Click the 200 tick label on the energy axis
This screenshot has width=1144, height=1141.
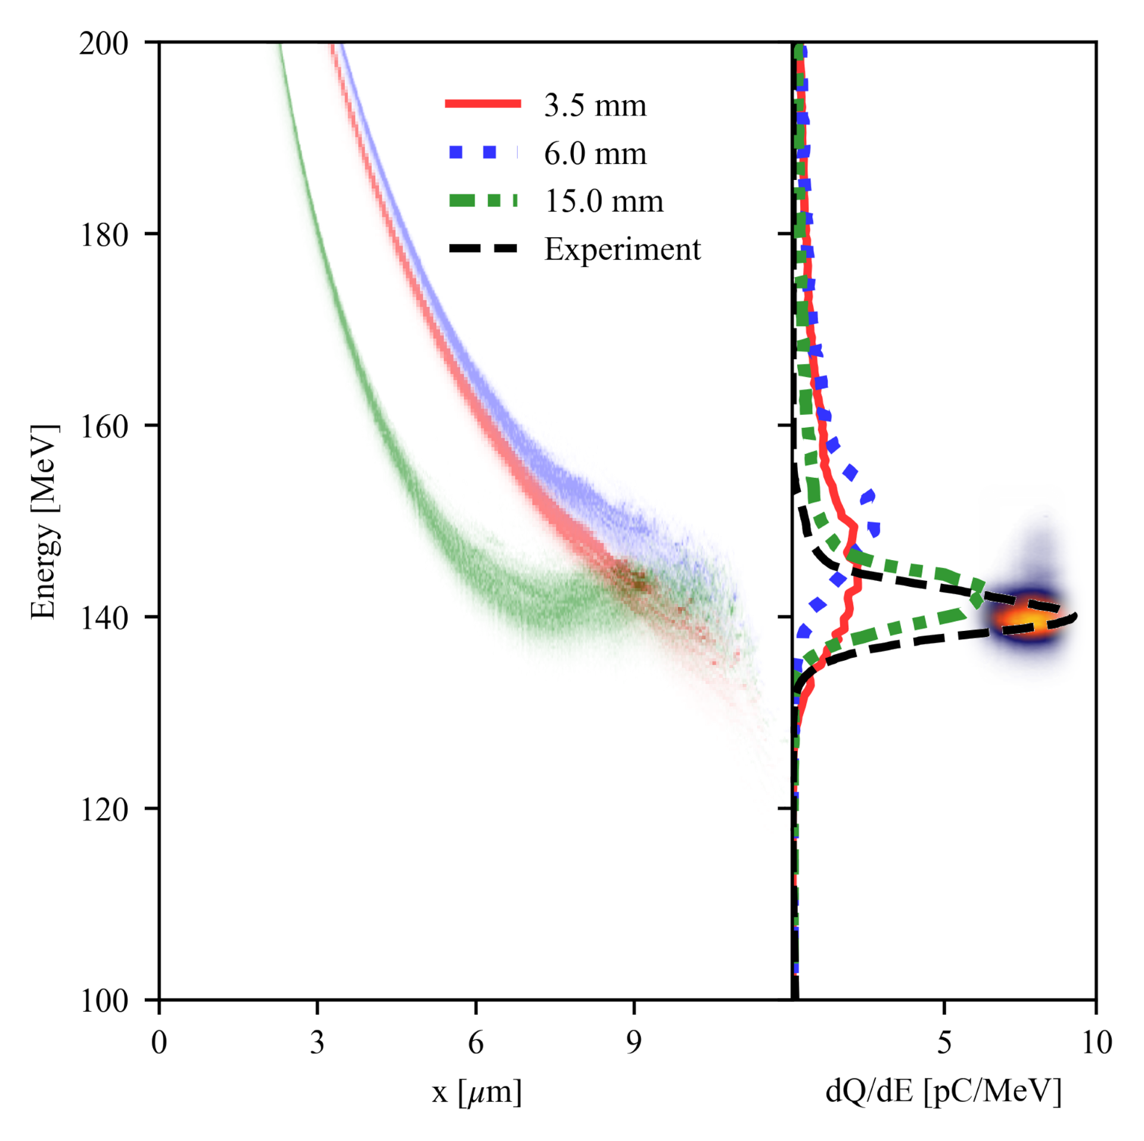point(104,44)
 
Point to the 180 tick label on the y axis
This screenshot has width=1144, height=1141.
point(104,235)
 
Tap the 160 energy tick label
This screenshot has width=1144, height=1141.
point(104,427)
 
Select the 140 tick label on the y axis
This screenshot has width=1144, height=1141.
point(104,618)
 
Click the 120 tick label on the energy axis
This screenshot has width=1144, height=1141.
point(104,810)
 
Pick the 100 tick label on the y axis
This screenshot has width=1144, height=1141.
point(104,1001)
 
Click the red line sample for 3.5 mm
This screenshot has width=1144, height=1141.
point(483,104)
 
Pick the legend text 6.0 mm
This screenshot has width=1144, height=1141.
point(595,153)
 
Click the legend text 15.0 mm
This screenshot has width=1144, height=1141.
point(604,201)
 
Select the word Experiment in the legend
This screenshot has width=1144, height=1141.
point(623,249)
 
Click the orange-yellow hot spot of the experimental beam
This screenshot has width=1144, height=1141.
point(1030,620)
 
